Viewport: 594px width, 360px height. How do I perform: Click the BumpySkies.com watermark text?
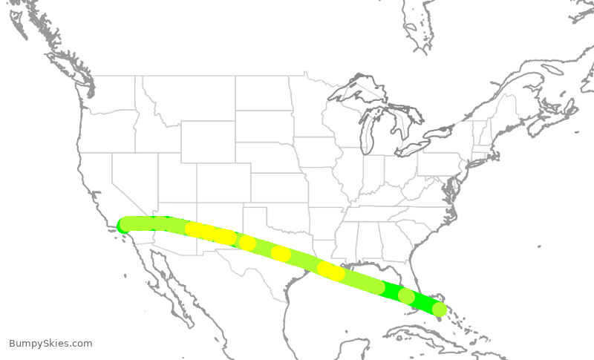click(50, 344)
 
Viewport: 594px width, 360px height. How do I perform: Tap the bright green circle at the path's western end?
click(125, 226)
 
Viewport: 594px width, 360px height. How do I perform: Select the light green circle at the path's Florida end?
click(440, 310)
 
